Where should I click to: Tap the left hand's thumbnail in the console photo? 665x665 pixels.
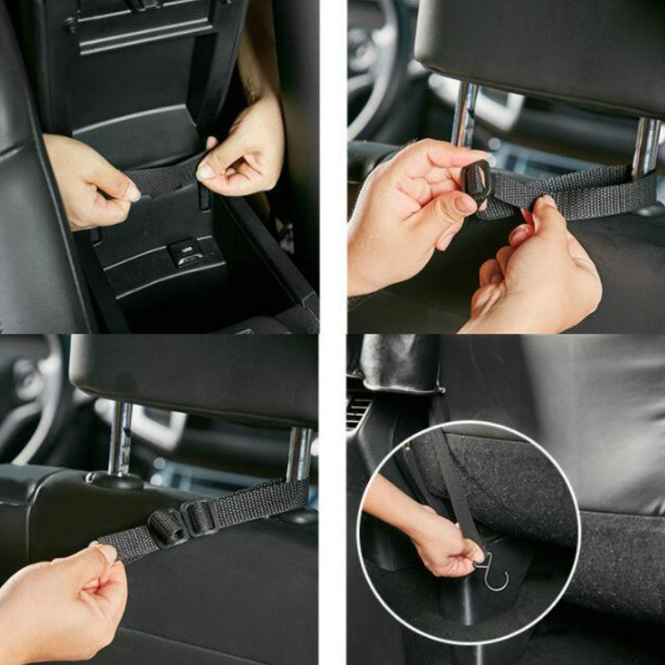131,192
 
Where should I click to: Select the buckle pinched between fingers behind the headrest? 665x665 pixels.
478,182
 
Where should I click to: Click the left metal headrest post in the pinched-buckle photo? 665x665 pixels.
465,115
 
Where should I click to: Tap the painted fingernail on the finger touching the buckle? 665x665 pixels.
466,205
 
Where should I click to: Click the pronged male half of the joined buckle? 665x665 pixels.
168,528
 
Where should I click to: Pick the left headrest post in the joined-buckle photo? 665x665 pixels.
121,439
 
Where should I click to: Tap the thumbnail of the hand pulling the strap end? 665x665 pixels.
106,552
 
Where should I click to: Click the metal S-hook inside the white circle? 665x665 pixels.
492,571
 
